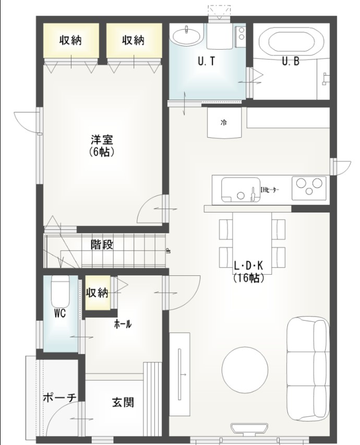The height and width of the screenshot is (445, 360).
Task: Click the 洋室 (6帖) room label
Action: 102,146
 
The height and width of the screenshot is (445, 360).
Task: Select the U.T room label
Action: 207,61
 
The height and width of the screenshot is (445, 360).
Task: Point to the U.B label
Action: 290,61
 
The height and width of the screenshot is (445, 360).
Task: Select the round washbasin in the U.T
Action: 185,36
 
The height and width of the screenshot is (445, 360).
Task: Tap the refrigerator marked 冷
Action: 224,123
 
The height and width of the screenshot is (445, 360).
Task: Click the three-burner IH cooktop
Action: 309,188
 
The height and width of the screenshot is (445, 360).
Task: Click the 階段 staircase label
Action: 102,244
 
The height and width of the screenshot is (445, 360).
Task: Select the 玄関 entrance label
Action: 123,402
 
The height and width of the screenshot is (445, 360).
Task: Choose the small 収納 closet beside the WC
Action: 97,292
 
